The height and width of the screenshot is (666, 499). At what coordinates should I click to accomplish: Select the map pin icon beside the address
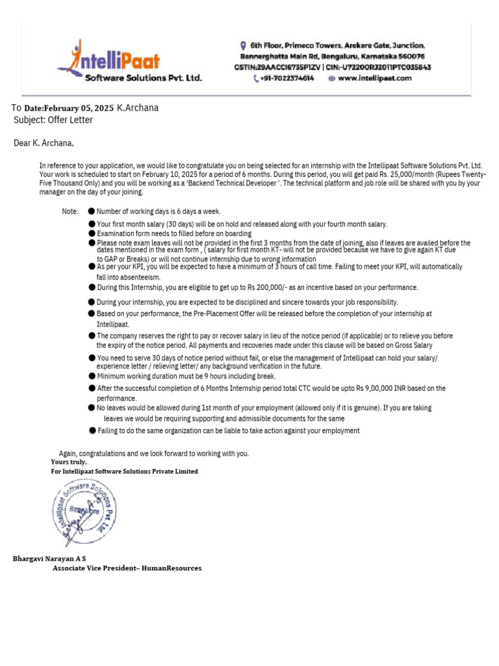[x=243, y=46]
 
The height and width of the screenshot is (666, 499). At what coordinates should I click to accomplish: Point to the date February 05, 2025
[x=69, y=108]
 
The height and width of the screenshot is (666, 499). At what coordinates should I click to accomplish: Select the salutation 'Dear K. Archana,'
[x=44, y=143]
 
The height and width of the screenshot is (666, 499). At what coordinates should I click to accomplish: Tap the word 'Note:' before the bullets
[x=70, y=211]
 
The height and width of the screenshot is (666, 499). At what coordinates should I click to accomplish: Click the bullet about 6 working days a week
[x=159, y=211]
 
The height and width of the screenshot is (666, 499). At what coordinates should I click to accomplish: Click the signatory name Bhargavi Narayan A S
[x=49, y=559]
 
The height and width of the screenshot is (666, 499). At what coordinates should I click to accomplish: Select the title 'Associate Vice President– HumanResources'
[x=127, y=568]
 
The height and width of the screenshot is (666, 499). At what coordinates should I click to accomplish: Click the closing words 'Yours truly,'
[x=68, y=462]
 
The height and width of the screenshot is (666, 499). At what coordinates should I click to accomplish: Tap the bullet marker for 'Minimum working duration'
[x=92, y=376]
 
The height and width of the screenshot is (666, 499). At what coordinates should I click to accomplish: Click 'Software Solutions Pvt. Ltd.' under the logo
[x=144, y=78]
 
